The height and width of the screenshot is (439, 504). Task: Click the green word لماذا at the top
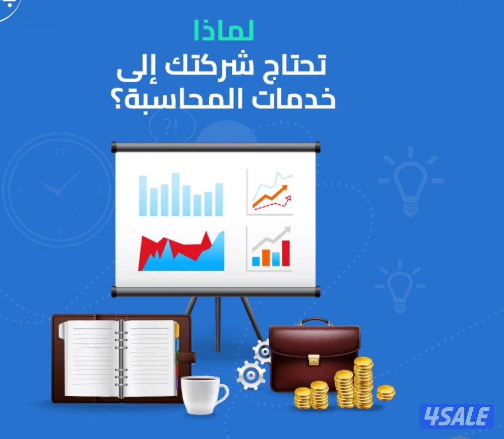click(223, 31)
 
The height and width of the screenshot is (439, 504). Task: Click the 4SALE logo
click(457, 416)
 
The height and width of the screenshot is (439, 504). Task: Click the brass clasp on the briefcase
click(314, 359)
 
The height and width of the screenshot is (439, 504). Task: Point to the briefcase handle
click(314, 322)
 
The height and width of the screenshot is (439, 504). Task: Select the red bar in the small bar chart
click(286, 253)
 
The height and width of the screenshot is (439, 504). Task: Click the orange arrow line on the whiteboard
click(271, 198)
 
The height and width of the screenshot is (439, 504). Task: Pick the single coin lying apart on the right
click(386, 392)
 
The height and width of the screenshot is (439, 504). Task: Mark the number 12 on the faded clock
click(59, 152)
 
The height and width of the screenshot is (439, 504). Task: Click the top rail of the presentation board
click(216, 147)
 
